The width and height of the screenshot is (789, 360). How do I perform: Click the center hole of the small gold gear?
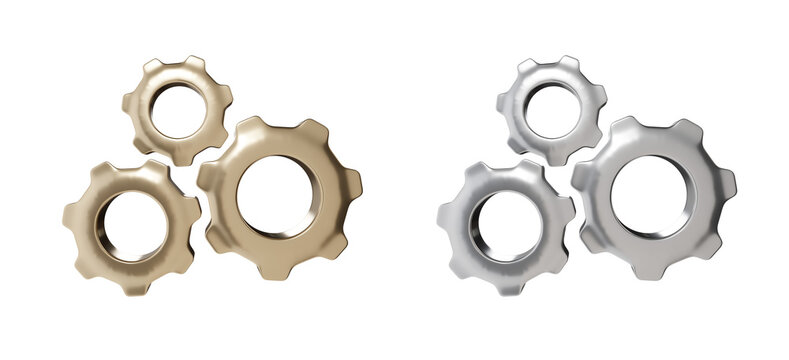point(178,110)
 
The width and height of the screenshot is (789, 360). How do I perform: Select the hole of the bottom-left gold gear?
point(132,226)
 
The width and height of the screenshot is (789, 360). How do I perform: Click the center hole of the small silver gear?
point(552,110)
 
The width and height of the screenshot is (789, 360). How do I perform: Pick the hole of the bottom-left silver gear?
point(506,226)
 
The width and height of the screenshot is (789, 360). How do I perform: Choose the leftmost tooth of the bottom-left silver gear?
point(446,216)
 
